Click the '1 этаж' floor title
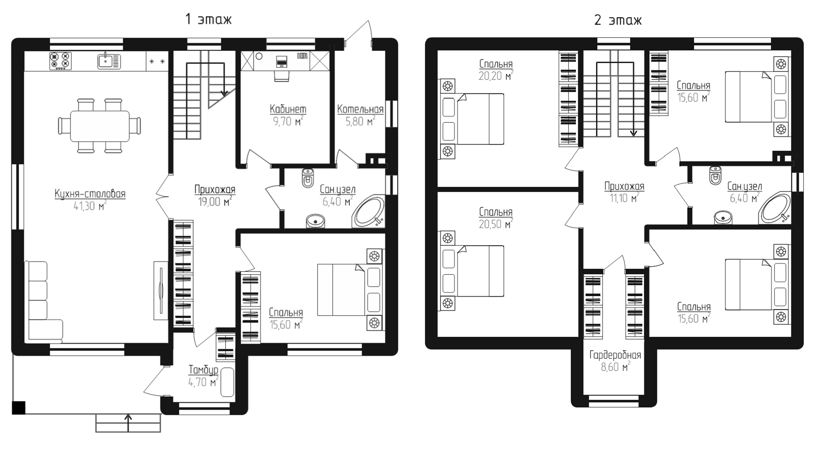(x=208, y=19)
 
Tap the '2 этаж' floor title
(x=618, y=20)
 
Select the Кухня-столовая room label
(x=90, y=194)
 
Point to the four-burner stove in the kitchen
(x=60, y=61)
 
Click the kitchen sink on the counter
(x=109, y=61)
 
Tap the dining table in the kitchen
(x=99, y=126)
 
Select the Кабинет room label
(x=288, y=109)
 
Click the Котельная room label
(x=360, y=109)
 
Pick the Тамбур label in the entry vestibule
(x=203, y=370)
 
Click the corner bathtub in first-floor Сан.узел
(x=369, y=211)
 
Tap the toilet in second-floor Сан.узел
(x=715, y=175)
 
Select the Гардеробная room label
(x=615, y=355)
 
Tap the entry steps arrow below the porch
(x=128, y=422)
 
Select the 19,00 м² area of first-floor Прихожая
(x=215, y=202)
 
